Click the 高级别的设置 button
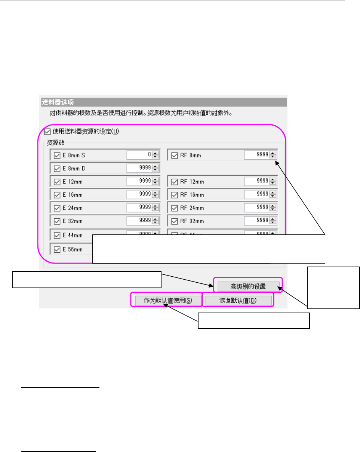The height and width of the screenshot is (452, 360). (248, 287)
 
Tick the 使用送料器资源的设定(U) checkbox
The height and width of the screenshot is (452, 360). (47, 131)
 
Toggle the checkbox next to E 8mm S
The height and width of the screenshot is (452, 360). (57, 155)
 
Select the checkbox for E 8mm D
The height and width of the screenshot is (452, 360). (57, 168)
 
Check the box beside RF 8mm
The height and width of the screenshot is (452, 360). (174, 155)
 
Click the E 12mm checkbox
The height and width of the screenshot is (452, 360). (57, 182)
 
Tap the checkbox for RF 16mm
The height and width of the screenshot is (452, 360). (174, 195)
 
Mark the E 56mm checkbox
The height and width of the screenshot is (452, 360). (57, 249)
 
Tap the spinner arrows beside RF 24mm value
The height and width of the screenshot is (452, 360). (273, 207)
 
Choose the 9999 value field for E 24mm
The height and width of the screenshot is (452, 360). (139, 207)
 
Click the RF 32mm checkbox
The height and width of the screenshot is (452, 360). (174, 221)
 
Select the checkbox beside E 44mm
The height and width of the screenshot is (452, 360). (57, 236)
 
